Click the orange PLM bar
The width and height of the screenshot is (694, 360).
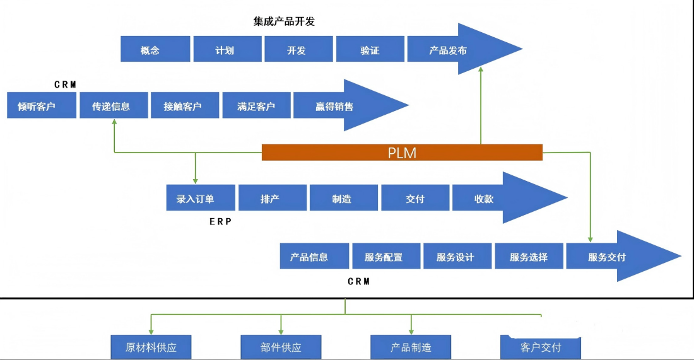click(402, 153)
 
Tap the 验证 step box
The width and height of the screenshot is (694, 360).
click(370, 49)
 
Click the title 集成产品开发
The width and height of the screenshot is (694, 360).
click(284, 21)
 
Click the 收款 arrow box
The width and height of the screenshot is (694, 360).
click(492, 198)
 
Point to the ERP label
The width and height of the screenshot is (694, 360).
click(221, 221)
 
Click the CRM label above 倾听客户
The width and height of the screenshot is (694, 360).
click(65, 84)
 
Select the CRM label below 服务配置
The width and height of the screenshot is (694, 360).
click(359, 281)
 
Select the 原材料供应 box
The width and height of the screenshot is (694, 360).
click(150, 347)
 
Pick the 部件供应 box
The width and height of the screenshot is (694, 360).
click(281, 347)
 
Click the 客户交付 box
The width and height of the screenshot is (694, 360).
click(541, 347)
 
